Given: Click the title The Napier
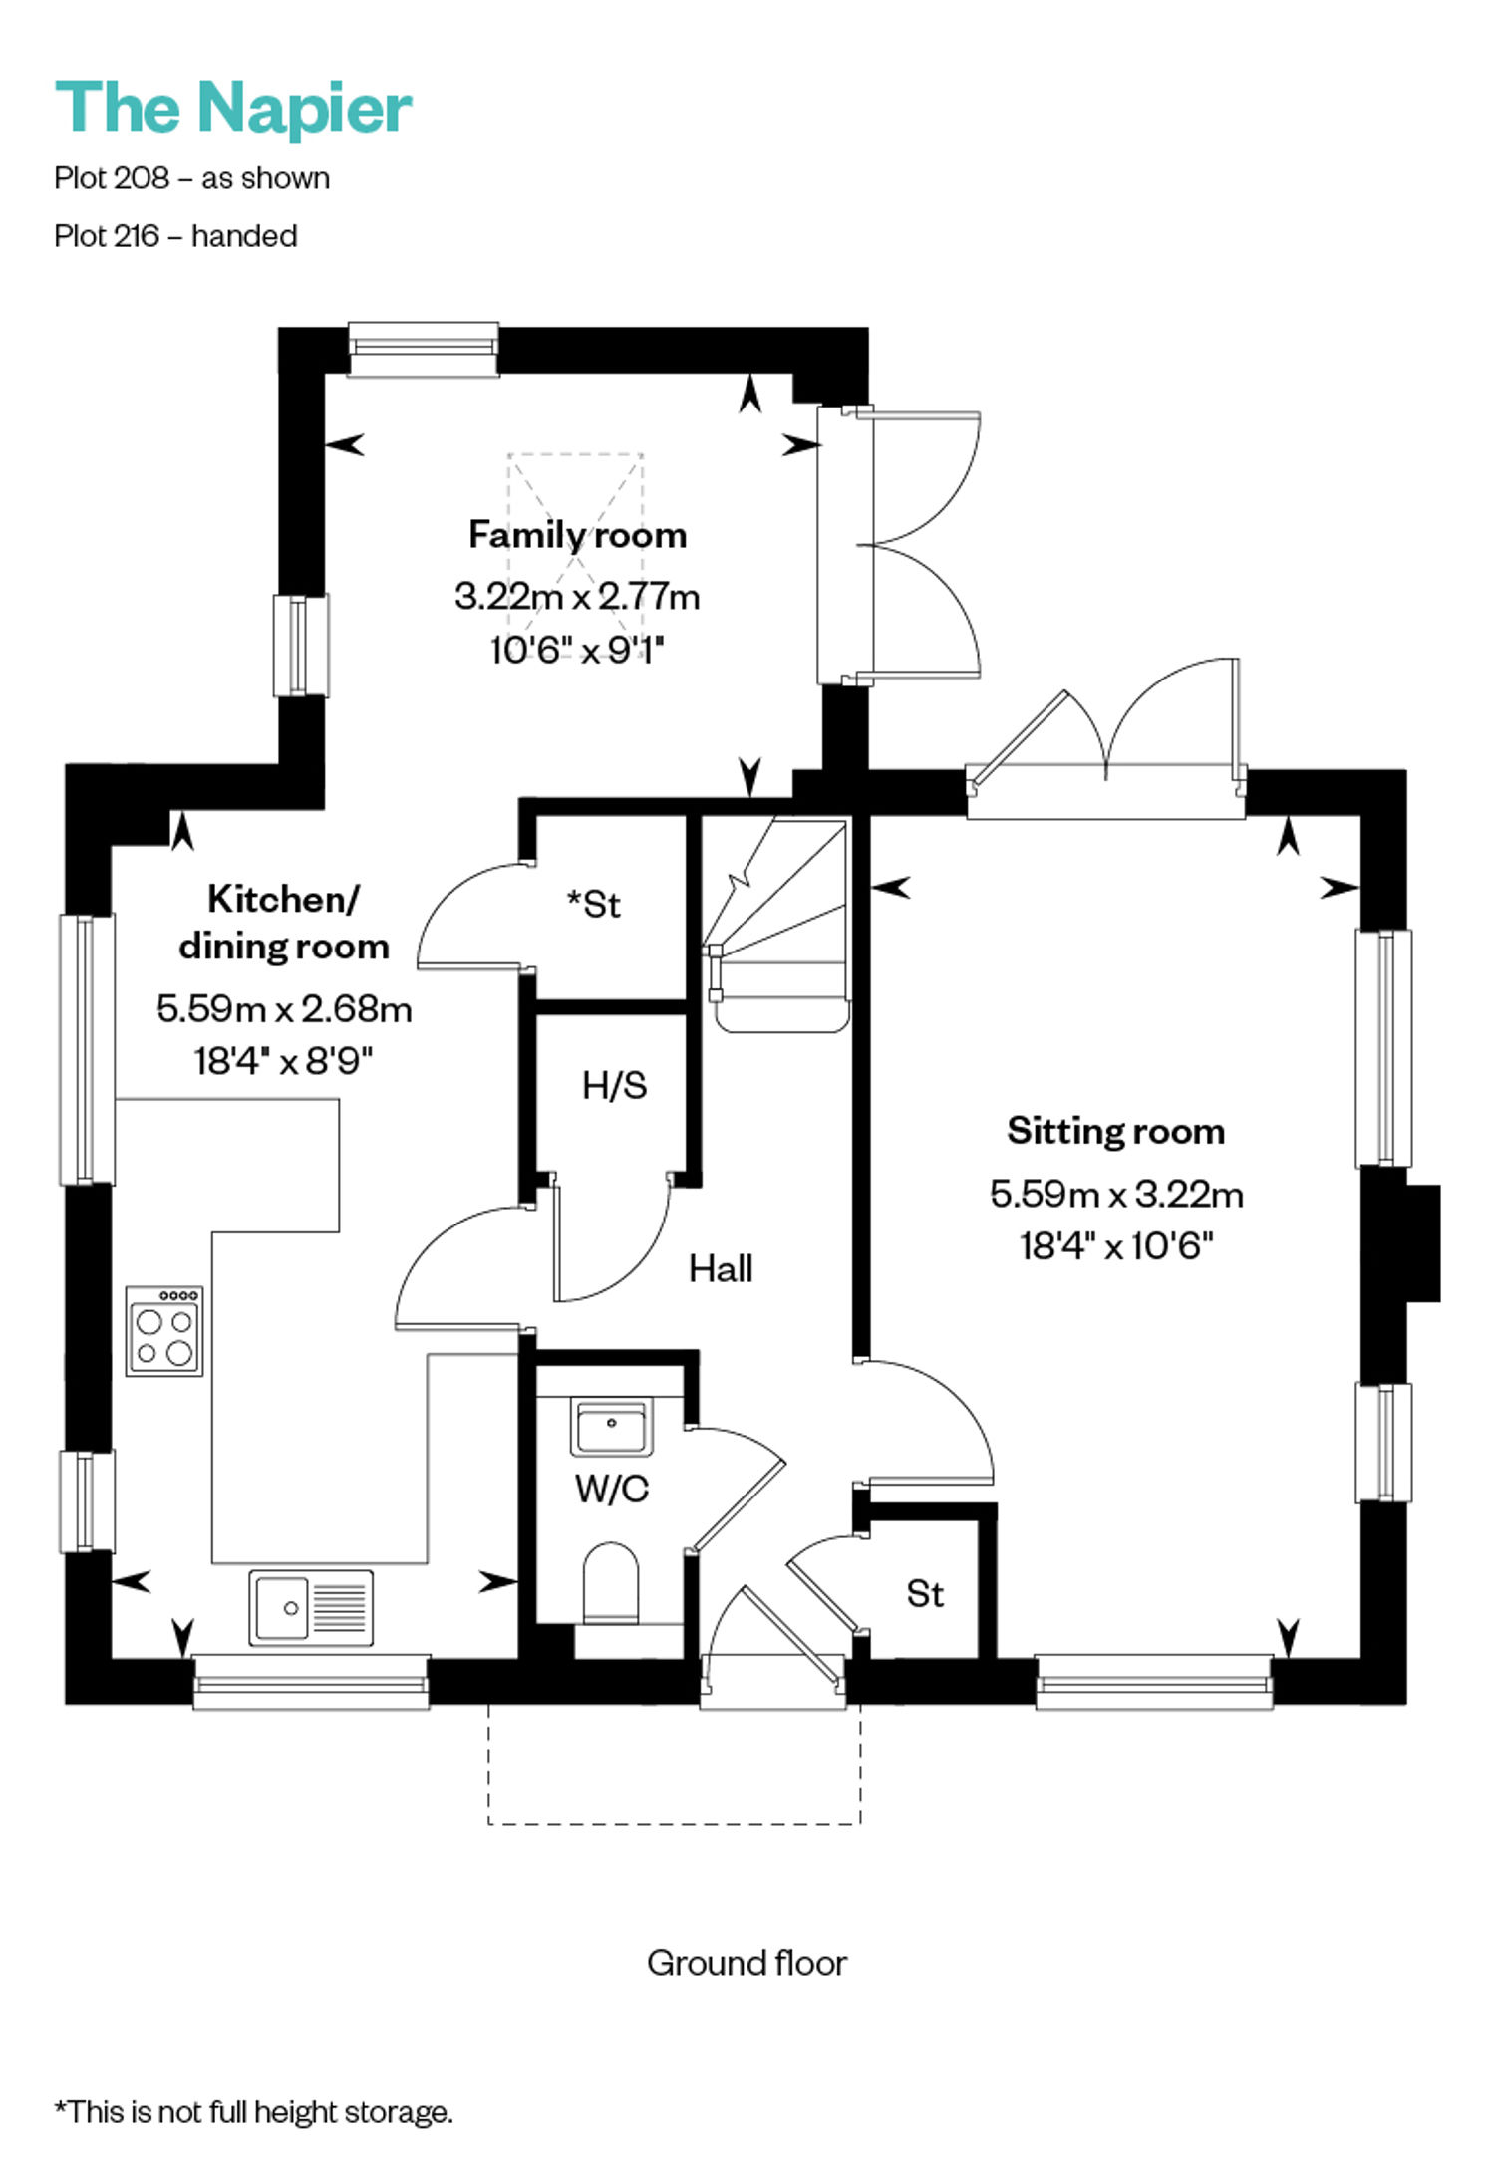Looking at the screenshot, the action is [x=233, y=108].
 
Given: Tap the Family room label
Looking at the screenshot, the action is [x=578, y=535].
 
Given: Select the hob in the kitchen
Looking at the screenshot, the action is [x=164, y=1331].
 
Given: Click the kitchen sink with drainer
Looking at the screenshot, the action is [x=311, y=1608].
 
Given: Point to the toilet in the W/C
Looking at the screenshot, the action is [x=610, y=1583].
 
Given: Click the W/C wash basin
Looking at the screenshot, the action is [x=611, y=1427].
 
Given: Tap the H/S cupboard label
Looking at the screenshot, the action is [x=615, y=1085].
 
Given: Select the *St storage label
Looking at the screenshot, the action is [x=594, y=904].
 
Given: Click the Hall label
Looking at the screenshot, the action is [x=721, y=1268].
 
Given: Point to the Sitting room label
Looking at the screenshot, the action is [x=1116, y=1131].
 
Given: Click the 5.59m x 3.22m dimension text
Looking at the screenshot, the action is [x=1116, y=1193].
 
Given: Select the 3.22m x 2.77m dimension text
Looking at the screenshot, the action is [x=578, y=597].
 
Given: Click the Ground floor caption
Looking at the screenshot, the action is [x=747, y=1963].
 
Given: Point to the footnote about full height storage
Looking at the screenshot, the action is [x=254, y=2112].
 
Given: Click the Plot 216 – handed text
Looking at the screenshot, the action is [x=176, y=236].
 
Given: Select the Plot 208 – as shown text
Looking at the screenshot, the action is [x=192, y=178].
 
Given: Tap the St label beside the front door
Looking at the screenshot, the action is [x=925, y=1594].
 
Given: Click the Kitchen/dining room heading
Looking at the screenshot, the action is [x=284, y=923].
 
